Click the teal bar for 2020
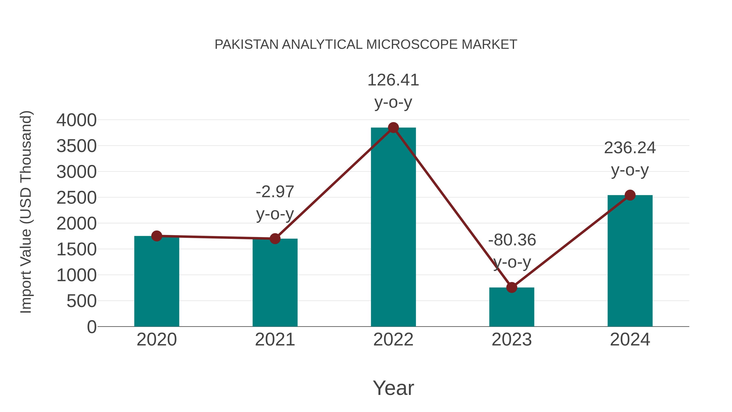pos(157,282)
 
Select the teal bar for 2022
pos(393,227)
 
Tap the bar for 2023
pos(512,307)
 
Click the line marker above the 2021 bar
pos(275,239)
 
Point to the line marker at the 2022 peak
pos(393,128)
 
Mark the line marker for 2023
pos(512,287)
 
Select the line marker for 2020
pos(157,236)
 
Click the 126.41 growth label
pos(393,80)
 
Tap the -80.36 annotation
pos(512,240)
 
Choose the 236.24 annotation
pos(630,148)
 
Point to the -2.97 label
pos(275,192)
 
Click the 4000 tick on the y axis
pos(76,120)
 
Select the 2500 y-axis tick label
pos(76,198)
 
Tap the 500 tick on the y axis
pos(82,301)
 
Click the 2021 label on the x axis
pos(275,340)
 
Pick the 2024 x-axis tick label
pos(630,340)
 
